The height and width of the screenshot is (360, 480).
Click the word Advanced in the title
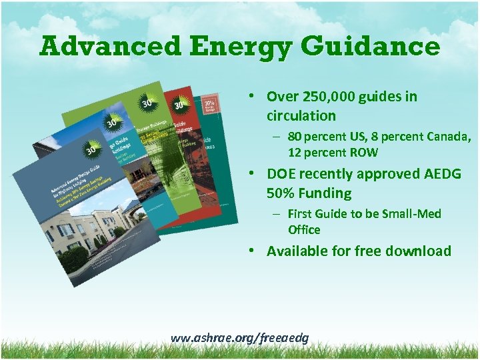tap(110, 47)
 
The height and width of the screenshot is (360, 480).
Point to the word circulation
tap(301, 116)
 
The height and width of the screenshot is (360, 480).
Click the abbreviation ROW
tap(363, 153)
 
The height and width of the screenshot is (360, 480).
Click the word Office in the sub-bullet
tap(304, 230)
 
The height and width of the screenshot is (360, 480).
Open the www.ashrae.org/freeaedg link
tap(239, 338)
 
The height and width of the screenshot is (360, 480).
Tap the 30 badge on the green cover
tap(147, 103)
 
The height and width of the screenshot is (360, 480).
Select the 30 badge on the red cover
tap(179, 105)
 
